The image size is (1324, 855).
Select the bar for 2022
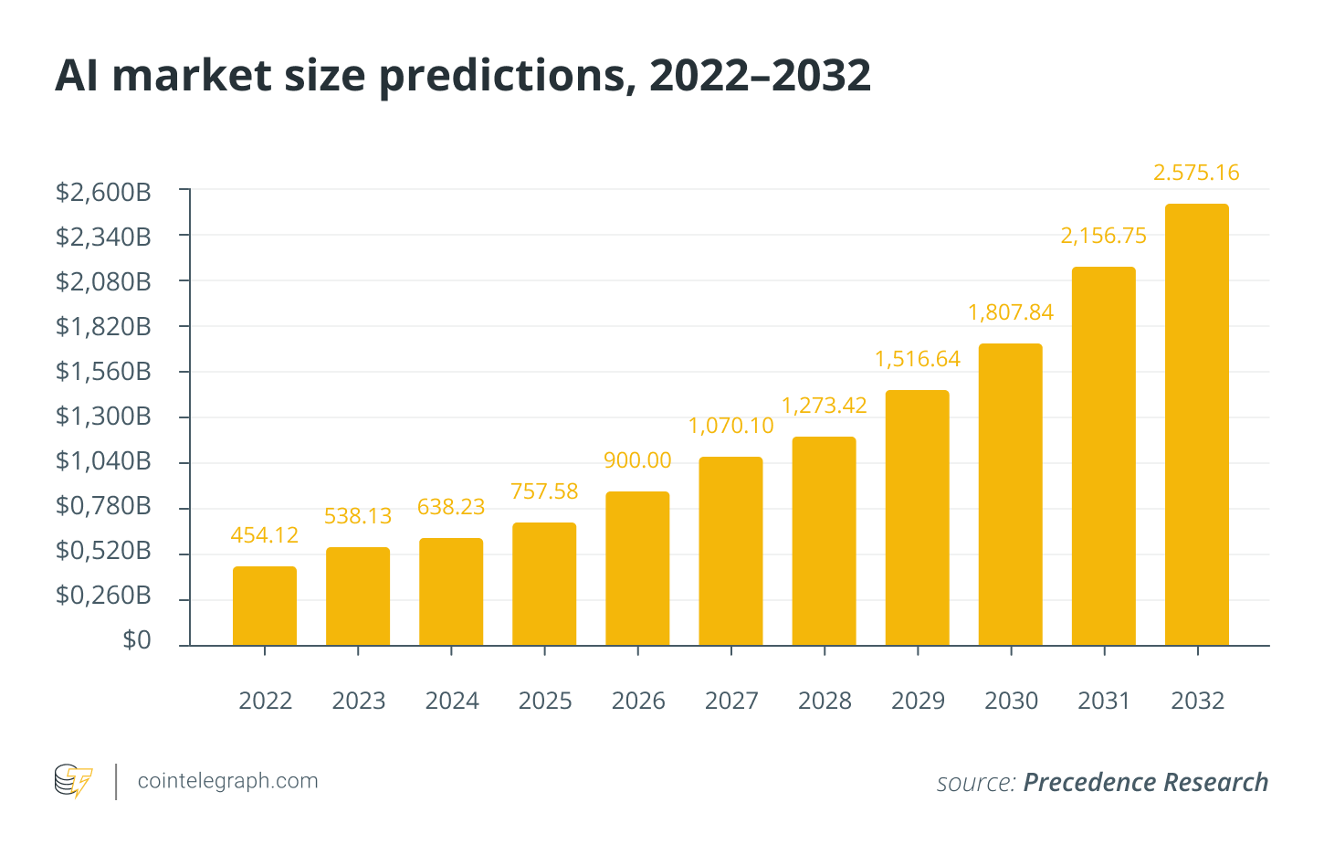(265, 606)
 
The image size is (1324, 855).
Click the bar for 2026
(637, 568)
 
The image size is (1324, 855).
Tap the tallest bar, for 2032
(1197, 425)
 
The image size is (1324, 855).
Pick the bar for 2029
(918, 518)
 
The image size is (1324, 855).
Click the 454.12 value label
(265, 535)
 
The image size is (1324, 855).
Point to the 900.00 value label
(637, 460)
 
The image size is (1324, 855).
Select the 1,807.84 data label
(1011, 312)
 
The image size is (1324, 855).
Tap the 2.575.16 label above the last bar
(1197, 173)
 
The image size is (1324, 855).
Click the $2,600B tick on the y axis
(103, 192)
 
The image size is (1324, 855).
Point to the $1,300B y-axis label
(103, 417)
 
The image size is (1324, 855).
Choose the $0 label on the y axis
(137, 640)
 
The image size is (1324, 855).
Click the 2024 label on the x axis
(452, 701)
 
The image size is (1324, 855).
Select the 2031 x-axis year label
(1104, 701)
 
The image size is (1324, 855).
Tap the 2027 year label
(731, 701)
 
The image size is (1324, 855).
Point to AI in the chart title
(77, 76)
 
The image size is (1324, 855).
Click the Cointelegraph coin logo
(73, 781)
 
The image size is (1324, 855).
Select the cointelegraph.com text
(227, 781)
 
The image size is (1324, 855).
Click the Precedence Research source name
(1146, 783)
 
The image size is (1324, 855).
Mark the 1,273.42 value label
(825, 405)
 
